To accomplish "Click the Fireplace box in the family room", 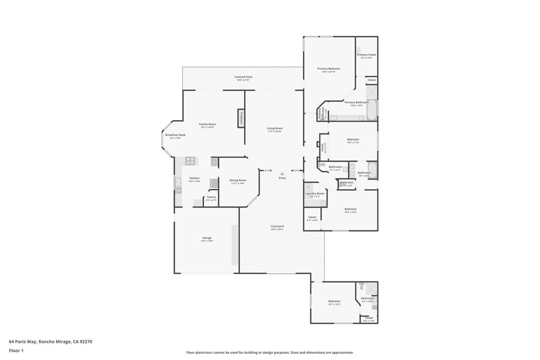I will click(x=241, y=118).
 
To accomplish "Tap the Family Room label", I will click(x=207, y=124).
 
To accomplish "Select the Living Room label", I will click(x=275, y=128).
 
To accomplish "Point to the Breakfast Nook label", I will click(x=175, y=135).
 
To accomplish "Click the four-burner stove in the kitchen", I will click(x=190, y=161).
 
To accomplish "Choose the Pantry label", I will click(x=211, y=197).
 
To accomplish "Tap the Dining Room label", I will click(x=238, y=180).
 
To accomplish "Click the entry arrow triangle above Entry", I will click(x=282, y=173).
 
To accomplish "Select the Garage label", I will click(x=207, y=238).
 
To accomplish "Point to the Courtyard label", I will click(x=277, y=226).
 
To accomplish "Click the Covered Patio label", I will click(x=243, y=77).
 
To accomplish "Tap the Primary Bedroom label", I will click(x=329, y=69).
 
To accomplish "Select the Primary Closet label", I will click(x=367, y=55).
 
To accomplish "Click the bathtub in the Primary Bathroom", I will click(x=372, y=110).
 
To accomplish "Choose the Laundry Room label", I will click(x=315, y=193).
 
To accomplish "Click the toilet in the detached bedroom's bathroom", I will click(x=361, y=288).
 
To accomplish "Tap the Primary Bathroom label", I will click(x=356, y=102).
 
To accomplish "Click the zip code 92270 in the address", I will click(x=85, y=341).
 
